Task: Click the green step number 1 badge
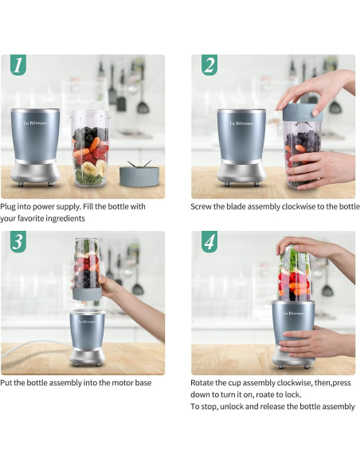(18, 64)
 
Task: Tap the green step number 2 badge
(209, 64)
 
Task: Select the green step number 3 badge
(18, 241)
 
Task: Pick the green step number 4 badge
(209, 241)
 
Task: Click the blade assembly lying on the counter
(139, 174)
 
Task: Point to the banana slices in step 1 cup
(94, 168)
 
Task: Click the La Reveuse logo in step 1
(35, 123)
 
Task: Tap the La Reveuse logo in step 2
(241, 123)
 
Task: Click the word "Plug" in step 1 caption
(8, 207)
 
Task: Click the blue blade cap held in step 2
(302, 112)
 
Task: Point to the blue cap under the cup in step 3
(87, 294)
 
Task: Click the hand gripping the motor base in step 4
(316, 341)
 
